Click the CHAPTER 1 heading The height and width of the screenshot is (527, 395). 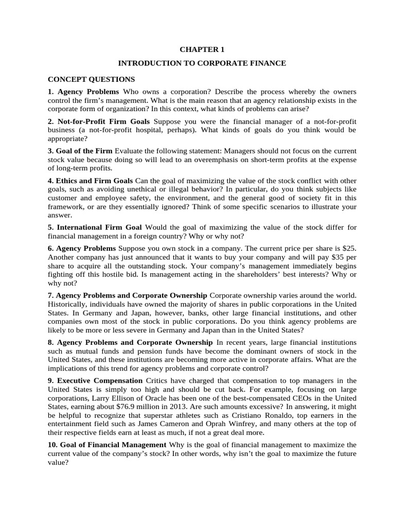tap(202, 49)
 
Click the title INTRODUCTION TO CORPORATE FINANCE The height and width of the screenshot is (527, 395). tap(202, 63)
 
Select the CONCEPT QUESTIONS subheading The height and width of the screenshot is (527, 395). tap(91, 79)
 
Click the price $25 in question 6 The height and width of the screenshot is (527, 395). tap(348, 248)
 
